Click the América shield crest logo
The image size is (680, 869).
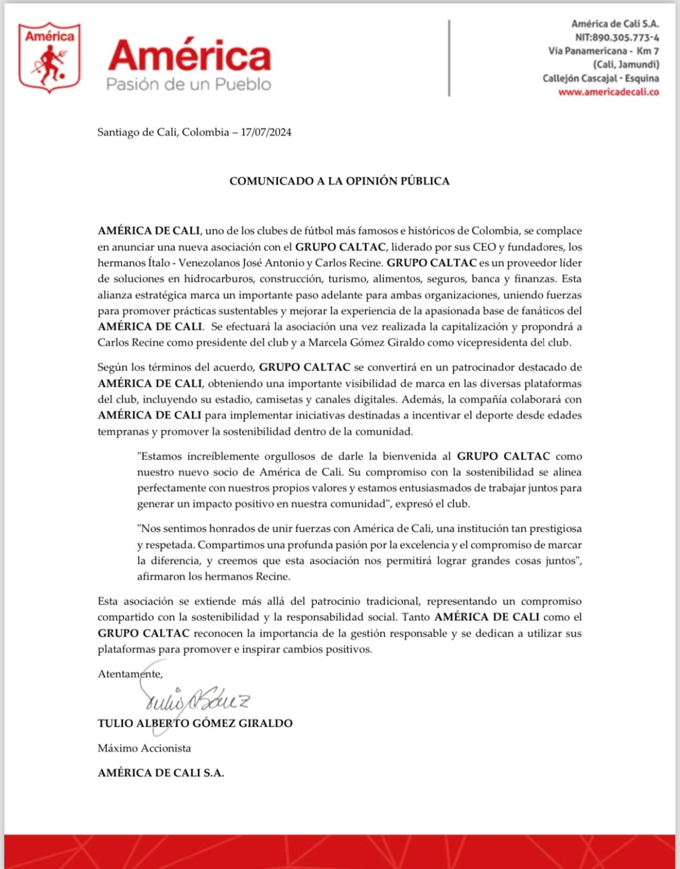49,58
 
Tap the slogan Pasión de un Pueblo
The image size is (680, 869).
188,84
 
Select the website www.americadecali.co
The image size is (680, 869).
608,92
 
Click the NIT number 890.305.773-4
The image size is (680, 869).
625,37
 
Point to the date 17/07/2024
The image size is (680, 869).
266,132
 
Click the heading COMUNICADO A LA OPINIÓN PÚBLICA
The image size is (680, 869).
339,181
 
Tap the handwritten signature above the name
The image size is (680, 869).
196,701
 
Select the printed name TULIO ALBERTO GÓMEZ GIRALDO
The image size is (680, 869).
195,723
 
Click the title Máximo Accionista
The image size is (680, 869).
144,748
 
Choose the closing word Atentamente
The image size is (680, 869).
130,674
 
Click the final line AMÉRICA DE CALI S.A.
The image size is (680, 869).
160,773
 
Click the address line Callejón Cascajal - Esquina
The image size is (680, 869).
601,78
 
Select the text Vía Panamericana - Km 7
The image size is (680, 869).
603,51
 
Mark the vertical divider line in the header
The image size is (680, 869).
449,58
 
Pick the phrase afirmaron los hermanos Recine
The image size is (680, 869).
214,576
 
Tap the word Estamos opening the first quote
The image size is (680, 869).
161,456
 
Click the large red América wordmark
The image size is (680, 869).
189,56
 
